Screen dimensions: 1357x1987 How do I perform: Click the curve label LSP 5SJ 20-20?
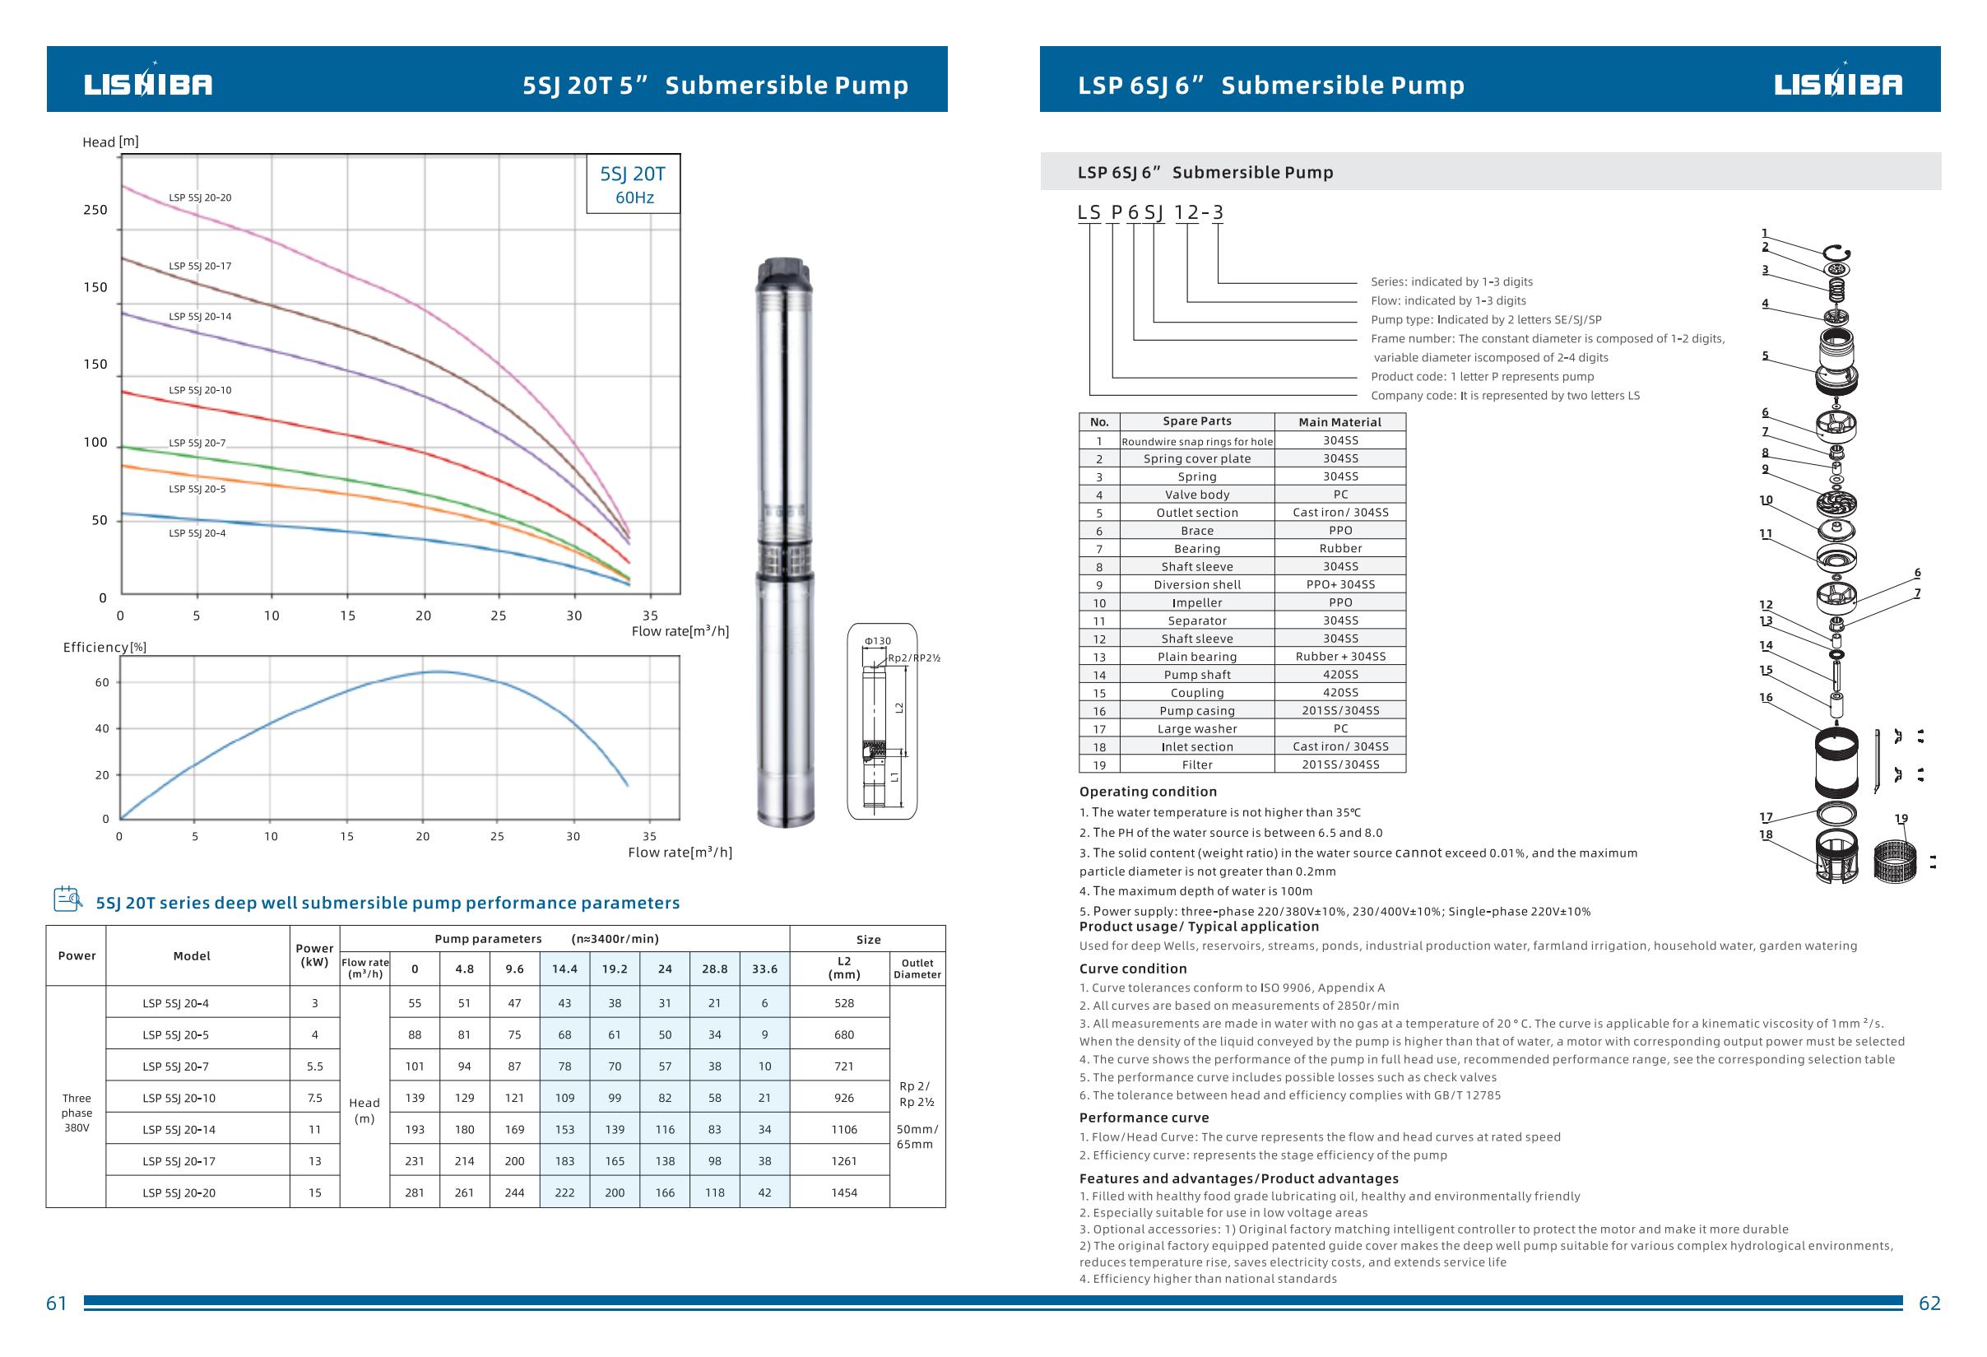point(200,198)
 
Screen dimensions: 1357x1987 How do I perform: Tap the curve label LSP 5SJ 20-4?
point(197,533)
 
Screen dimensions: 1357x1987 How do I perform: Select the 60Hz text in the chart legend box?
point(634,198)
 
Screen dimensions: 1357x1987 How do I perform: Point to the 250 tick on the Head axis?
point(95,211)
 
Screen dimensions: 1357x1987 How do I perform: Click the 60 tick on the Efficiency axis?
point(102,682)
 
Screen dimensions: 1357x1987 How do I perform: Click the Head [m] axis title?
point(110,142)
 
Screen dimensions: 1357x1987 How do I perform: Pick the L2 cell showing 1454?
point(844,1192)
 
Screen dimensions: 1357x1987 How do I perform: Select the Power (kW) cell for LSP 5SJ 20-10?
point(314,1098)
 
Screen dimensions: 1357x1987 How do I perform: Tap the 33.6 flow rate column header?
point(764,969)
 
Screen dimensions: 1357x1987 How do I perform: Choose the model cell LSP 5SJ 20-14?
point(179,1130)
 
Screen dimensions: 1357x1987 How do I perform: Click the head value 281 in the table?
point(415,1192)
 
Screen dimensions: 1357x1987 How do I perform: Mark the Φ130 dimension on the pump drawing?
point(877,641)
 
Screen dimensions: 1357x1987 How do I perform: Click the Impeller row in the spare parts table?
point(1197,603)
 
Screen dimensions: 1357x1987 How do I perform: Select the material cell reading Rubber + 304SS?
point(1340,657)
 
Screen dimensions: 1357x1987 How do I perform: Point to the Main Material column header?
point(1339,422)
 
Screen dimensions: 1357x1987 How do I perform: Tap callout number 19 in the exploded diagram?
point(1901,818)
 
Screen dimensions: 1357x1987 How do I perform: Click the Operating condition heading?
point(1148,792)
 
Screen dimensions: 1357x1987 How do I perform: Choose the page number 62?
point(1929,1304)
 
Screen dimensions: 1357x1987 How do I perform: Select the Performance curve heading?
point(1144,1118)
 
